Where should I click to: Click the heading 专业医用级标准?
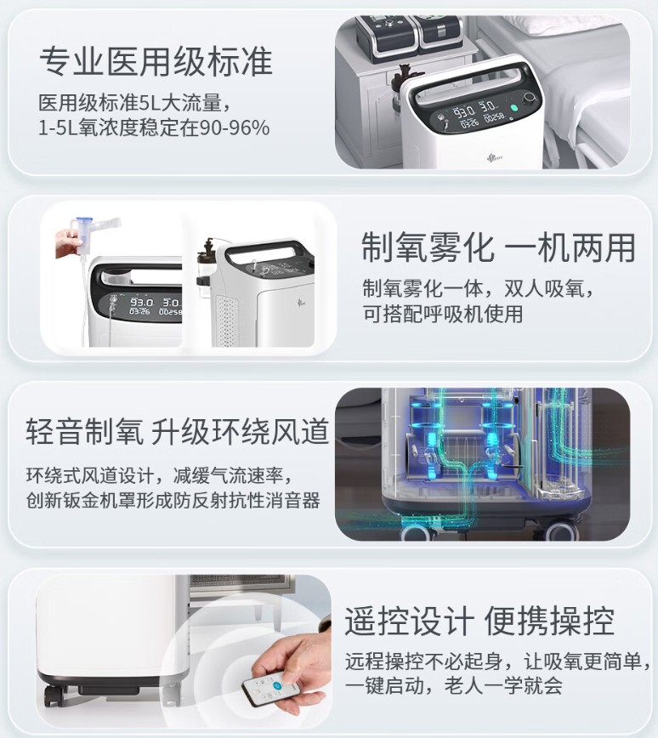[156, 62]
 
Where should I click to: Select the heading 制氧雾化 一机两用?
[498, 247]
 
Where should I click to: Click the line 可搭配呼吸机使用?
[442, 314]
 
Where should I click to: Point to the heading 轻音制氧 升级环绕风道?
[177, 431]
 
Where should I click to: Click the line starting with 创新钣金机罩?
[173, 500]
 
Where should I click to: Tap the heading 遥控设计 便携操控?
[479, 622]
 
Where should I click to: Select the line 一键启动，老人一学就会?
[454, 684]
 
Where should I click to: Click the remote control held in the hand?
[269, 688]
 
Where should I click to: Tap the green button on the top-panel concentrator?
[514, 108]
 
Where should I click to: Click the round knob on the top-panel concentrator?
[530, 99]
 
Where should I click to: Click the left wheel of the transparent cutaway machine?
[416, 531]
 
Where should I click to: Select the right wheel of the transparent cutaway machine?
[562, 530]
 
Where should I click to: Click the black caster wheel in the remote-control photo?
[54, 695]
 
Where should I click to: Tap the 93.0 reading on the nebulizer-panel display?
[142, 302]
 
